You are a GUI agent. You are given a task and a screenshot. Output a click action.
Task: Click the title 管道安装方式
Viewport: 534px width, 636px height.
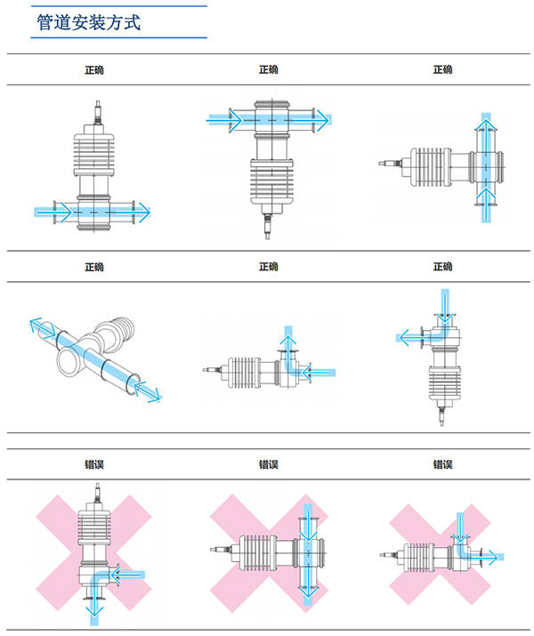(x=88, y=22)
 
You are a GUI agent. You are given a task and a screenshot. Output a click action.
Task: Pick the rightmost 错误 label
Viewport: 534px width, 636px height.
(x=442, y=463)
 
